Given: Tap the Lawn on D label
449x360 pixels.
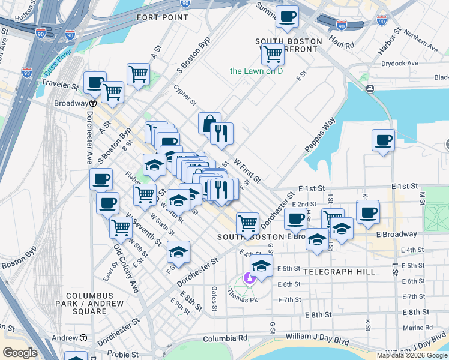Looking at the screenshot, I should pyautogui.click(x=256, y=71).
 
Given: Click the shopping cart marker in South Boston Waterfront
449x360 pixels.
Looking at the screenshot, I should pyautogui.click(x=273, y=54).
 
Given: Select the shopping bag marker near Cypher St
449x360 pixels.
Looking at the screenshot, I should pyautogui.click(x=209, y=124).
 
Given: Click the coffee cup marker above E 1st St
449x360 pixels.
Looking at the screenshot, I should pyautogui.click(x=383, y=141).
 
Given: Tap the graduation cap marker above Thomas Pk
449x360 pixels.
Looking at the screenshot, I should pyautogui.click(x=262, y=265).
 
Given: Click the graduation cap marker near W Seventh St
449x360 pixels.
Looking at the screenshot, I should pyautogui.click(x=178, y=252).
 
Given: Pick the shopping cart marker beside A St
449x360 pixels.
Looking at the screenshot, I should pyautogui.click(x=138, y=75).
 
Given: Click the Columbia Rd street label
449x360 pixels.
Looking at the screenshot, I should pyautogui.click(x=224, y=338).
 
